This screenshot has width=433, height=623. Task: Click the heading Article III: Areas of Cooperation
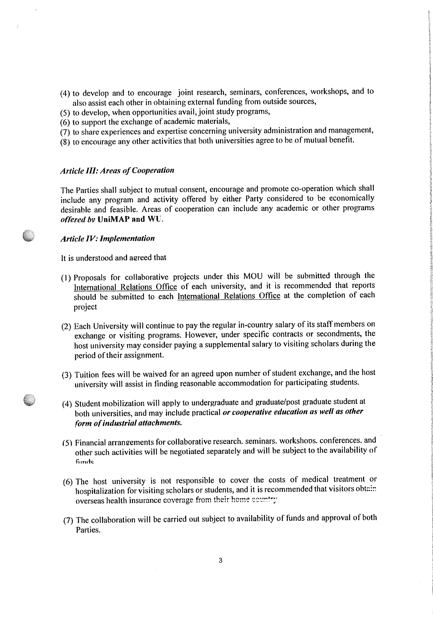(x=117, y=170)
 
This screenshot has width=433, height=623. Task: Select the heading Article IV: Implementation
(x=107, y=238)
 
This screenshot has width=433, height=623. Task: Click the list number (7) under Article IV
(x=68, y=520)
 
